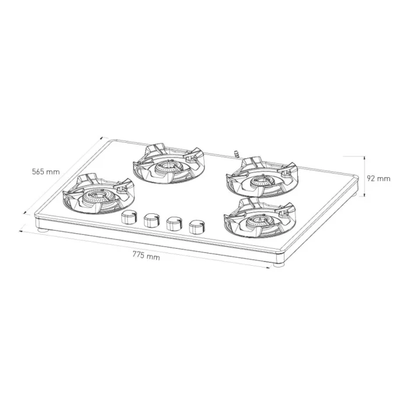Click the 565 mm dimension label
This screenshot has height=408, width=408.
(x=46, y=172)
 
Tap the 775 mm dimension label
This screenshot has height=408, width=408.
(x=146, y=256)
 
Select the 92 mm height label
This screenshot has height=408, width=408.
(x=379, y=178)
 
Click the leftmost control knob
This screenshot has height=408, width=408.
(x=128, y=217)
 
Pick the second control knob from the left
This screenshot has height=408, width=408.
(x=151, y=219)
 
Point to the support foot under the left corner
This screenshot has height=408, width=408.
(x=43, y=231)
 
